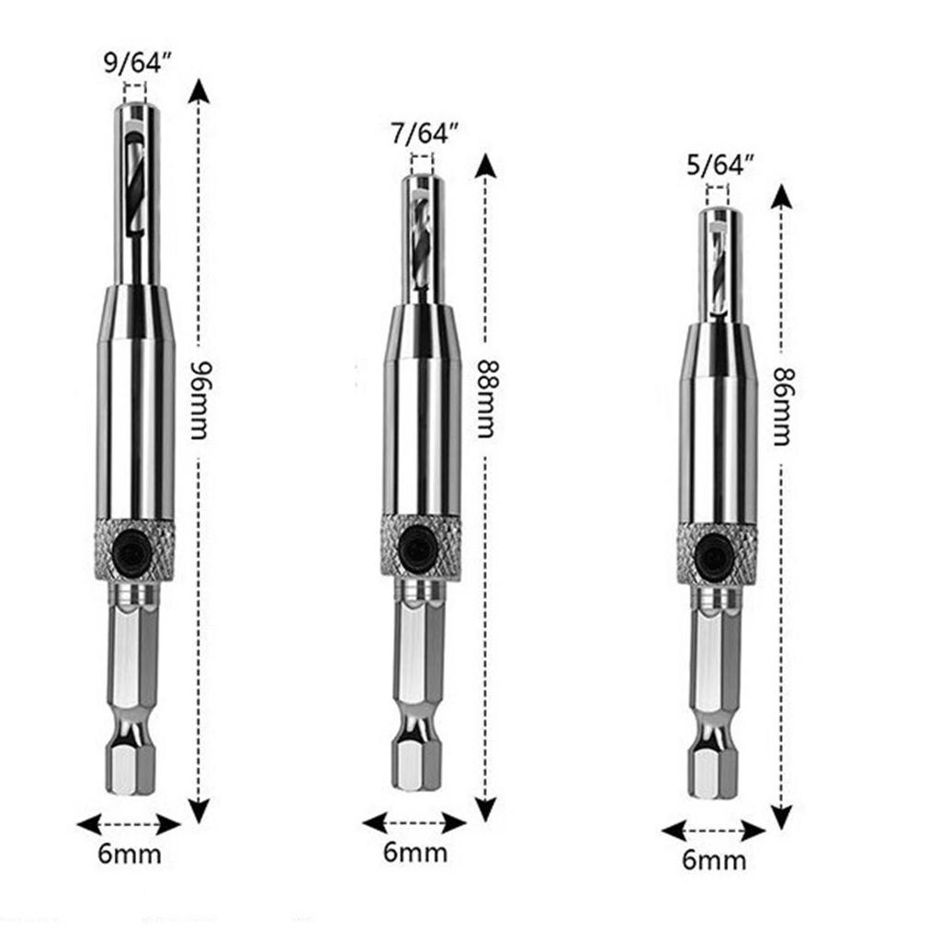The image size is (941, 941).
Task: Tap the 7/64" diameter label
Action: click(x=422, y=133)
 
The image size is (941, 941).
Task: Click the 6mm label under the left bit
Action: click(x=129, y=854)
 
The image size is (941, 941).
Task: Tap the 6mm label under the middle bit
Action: click(x=415, y=852)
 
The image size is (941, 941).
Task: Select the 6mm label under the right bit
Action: click(x=714, y=860)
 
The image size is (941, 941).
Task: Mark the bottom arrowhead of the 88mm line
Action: click(x=485, y=809)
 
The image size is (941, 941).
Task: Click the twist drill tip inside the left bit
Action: click(x=134, y=184)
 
